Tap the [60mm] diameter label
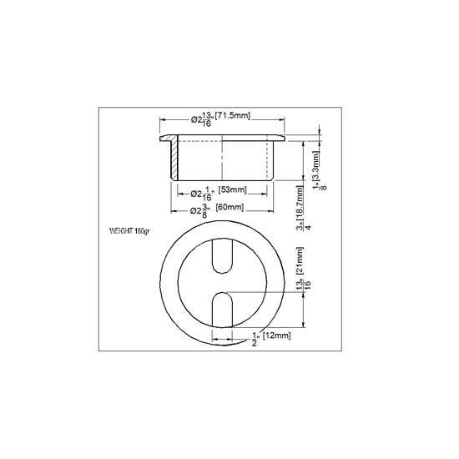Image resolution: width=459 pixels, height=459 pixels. click(230, 207)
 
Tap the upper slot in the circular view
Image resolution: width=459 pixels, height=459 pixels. click(221, 255)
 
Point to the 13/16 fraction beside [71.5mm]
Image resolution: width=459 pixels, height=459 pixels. click(206, 119)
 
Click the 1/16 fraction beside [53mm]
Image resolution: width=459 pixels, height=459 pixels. click(205, 193)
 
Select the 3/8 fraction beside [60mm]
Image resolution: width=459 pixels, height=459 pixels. click(204, 209)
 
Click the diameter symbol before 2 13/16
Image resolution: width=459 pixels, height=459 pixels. click(194, 119)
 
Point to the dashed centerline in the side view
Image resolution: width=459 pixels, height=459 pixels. click(221, 159)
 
